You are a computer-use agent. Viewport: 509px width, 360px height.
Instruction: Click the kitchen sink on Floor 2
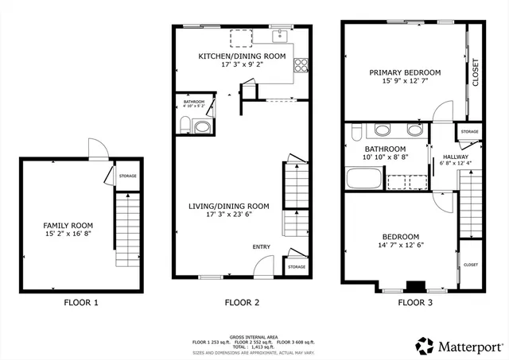[281, 36]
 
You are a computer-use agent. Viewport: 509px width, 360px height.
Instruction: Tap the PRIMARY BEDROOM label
[404, 72]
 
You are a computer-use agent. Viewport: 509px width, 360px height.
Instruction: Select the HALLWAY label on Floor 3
[445, 157]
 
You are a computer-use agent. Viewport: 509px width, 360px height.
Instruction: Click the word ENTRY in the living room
[262, 246]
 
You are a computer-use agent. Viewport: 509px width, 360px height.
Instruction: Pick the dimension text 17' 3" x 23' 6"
[228, 215]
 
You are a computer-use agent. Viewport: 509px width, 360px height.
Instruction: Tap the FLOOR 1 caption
[81, 302]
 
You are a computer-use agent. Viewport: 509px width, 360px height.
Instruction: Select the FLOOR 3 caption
[414, 302]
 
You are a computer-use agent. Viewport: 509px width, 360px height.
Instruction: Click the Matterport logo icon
[424, 345]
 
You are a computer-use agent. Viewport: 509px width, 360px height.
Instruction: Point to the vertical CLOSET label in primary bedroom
[476, 72]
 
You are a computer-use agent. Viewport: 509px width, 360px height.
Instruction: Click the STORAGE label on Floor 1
[126, 176]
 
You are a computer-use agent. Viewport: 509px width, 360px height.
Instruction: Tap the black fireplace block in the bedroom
[414, 286]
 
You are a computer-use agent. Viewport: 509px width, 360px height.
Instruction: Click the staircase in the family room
[126, 230]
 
